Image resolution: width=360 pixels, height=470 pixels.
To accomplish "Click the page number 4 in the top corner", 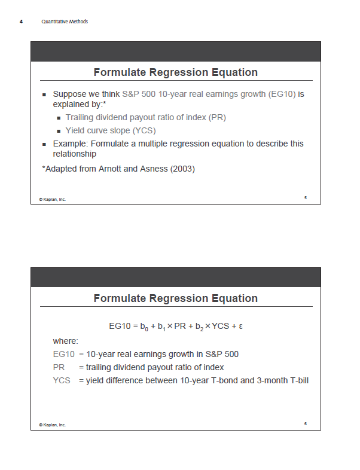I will point(21,22).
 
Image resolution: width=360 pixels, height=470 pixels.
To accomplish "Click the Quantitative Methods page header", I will point(65,22).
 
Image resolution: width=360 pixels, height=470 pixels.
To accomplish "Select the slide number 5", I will point(305,197).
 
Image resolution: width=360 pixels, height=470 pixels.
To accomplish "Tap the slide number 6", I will point(305,423).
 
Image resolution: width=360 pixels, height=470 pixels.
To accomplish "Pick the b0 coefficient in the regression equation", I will point(144,327).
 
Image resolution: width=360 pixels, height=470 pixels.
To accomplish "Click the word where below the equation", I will point(65,341).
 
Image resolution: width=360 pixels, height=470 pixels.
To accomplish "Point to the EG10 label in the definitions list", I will point(64,354).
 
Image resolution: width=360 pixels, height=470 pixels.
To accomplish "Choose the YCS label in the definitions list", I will point(62,380).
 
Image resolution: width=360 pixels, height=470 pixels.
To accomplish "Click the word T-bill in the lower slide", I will point(295,380).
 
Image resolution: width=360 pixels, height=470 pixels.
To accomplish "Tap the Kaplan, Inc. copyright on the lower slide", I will point(53,425).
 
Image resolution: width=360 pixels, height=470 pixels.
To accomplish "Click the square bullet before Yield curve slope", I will point(59,131).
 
